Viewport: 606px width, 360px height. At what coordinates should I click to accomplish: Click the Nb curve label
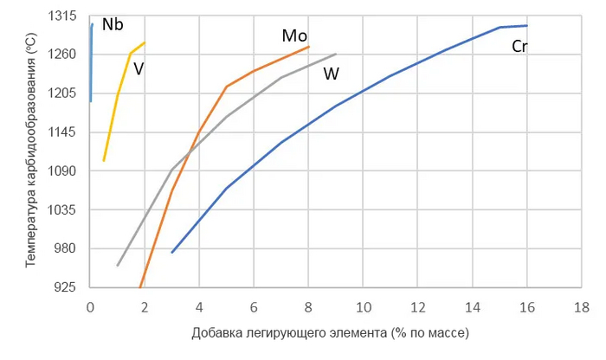coord(113,24)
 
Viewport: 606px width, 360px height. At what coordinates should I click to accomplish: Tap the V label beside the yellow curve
coord(139,68)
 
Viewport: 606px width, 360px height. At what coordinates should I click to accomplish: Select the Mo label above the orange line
coord(295,35)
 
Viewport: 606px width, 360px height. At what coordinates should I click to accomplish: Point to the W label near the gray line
coord(332,74)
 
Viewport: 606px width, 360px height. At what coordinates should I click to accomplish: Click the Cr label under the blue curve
coord(519,47)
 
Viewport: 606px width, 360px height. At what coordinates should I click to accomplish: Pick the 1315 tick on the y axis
coord(64,16)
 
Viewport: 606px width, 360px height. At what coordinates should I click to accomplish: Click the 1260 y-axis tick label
coord(64,55)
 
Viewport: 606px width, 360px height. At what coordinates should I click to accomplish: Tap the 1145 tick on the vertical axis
coord(64,132)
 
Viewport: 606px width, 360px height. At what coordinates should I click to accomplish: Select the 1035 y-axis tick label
coord(64,210)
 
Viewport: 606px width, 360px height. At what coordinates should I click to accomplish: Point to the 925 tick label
coord(67,287)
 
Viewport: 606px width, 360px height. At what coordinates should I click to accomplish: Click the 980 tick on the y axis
coord(67,248)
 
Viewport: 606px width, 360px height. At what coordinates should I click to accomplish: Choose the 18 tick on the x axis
coord(582,307)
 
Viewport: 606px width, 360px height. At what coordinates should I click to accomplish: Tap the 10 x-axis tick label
coord(364,307)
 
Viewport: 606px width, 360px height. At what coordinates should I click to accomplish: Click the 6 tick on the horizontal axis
coord(254,307)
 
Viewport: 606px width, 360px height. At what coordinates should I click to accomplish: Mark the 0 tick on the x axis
coord(90,307)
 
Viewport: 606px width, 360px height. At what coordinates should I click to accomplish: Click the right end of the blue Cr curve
coord(526,25)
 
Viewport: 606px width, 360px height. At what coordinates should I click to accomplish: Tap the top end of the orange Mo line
coord(308,47)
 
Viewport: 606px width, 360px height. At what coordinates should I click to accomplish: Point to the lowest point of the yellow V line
coord(104,160)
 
